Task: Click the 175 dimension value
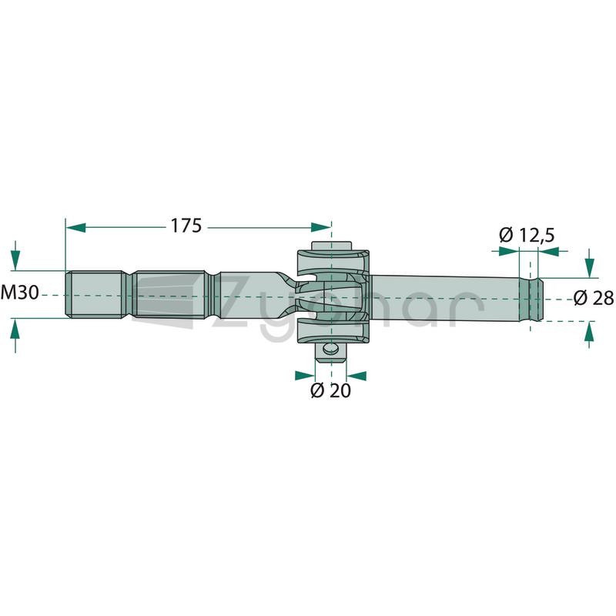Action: [x=186, y=226]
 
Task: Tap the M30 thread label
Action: [x=20, y=293]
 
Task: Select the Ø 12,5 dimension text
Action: [x=527, y=236]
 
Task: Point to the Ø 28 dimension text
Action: [x=594, y=298]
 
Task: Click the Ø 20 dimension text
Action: [x=330, y=390]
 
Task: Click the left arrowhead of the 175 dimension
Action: [x=75, y=227]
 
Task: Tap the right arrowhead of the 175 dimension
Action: [x=321, y=227]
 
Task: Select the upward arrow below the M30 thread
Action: [x=15, y=335]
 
